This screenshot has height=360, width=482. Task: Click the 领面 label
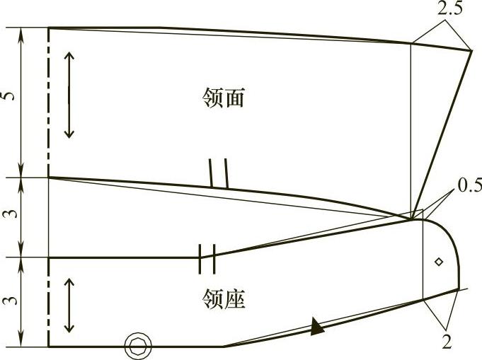pyautogui.click(x=223, y=99)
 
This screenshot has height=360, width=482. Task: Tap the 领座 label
pyautogui.click(x=223, y=300)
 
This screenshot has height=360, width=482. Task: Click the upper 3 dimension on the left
pyautogui.click(x=8, y=216)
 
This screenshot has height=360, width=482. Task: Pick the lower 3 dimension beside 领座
pyautogui.click(x=8, y=301)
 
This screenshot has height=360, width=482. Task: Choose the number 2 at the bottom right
pyautogui.click(x=447, y=342)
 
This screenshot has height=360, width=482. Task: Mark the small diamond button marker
pyautogui.click(x=439, y=262)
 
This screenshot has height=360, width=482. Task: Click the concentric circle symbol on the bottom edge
pyautogui.click(x=137, y=346)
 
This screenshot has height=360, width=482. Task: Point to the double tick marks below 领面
pyautogui.click(x=218, y=173)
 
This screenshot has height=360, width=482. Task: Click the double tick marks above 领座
pyautogui.click(x=207, y=258)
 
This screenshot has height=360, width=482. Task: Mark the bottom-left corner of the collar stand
pyautogui.click(x=48, y=347)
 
